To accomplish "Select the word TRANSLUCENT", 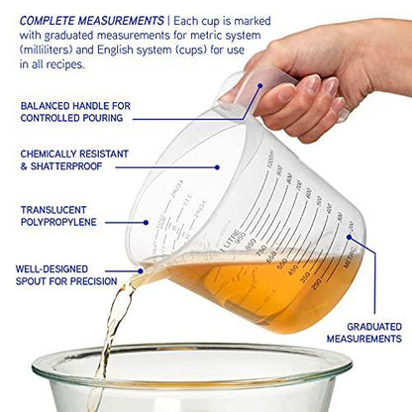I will point(53,210).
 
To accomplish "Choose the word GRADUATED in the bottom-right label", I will point(373,326).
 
